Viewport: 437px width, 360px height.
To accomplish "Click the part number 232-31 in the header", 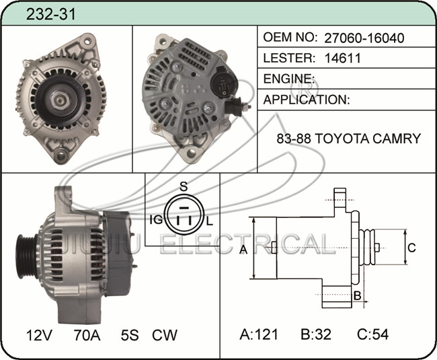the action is coord(50,14).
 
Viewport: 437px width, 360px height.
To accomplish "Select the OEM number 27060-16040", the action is coord(364,38).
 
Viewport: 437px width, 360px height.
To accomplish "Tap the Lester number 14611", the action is coord(342,58).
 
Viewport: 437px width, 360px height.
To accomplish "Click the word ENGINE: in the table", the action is coord(289,79).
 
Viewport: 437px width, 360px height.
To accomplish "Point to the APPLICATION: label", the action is coord(307,100).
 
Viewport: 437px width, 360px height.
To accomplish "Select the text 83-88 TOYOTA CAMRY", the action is coord(349,139).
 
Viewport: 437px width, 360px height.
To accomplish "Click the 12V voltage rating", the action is coord(39,335).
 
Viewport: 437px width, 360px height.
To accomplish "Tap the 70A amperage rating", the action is coord(87,335).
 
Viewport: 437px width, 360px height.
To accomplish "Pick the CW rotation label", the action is coord(165,335).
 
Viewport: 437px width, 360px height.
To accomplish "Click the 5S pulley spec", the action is coord(130,335).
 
